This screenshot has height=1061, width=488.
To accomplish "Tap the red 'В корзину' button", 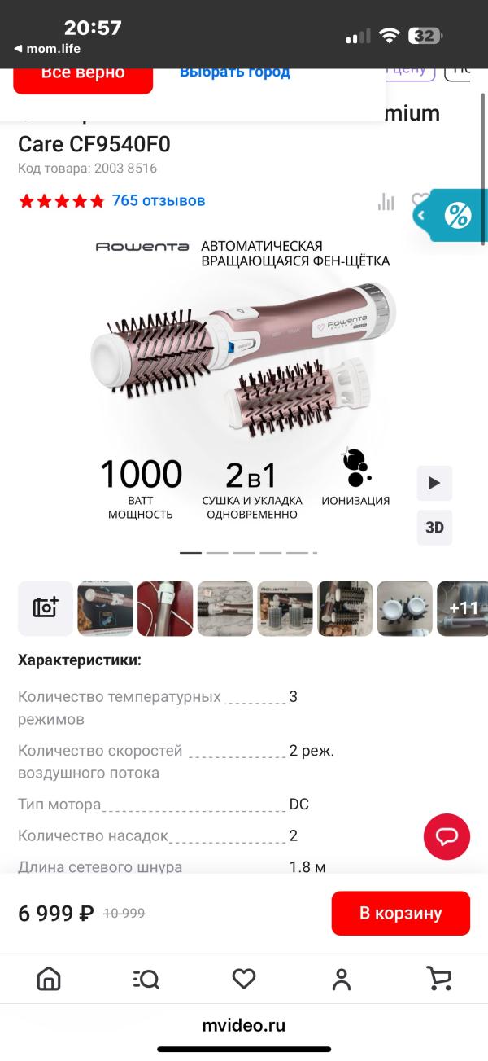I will click(x=400, y=913).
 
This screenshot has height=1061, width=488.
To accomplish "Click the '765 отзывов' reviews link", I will click(x=159, y=200).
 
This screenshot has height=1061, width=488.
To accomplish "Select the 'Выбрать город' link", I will click(x=234, y=72).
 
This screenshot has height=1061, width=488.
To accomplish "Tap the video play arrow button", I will click(x=434, y=483).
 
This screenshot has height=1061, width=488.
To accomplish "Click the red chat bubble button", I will click(x=447, y=836).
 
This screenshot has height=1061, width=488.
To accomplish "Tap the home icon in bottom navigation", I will click(x=49, y=979).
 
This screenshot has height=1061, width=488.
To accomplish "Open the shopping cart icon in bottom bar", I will click(x=439, y=979).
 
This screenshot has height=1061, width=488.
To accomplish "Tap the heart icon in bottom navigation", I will click(x=244, y=979).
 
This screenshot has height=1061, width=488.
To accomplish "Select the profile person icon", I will click(x=342, y=979).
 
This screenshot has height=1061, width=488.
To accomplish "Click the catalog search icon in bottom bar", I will click(x=146, y=979).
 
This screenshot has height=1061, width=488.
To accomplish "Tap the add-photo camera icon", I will click(x=46, y=608).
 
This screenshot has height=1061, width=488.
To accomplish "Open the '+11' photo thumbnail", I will click(x=463, y=608).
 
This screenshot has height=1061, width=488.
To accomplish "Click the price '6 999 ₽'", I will click(x=56, y=914).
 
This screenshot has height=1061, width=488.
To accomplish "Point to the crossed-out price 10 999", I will click(x=124, y=914).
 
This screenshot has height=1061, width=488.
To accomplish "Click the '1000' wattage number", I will click(x=141, y=474).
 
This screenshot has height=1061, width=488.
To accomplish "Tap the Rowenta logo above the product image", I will click(x=142, y=247).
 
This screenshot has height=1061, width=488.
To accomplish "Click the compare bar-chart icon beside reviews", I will click(x=386, y=202).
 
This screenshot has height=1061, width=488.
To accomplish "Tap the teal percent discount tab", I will click(x=456, y=216).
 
